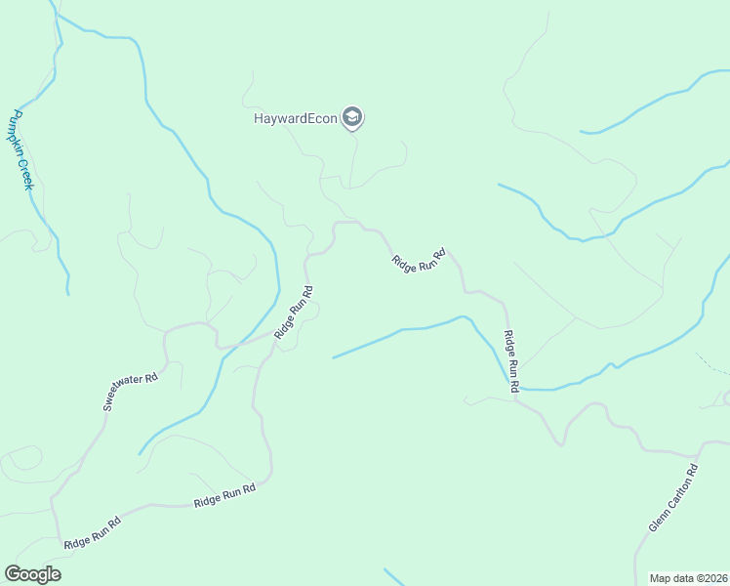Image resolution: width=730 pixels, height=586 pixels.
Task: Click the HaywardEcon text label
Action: (296, 119)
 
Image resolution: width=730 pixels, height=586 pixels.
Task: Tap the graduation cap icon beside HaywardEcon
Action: (353, 119)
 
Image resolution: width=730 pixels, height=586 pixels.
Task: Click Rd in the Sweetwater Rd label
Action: (150, 377)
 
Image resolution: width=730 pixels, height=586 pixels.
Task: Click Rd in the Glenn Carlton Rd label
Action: (692, 471)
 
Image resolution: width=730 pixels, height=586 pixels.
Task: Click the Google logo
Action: (32, 574)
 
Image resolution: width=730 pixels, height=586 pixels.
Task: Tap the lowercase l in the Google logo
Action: (48, 574)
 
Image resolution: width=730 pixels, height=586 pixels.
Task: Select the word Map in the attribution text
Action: (661, 578)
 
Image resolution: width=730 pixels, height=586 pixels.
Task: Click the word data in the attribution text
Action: (682, 578)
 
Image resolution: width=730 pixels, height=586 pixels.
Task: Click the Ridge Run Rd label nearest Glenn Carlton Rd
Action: (510, 362)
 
